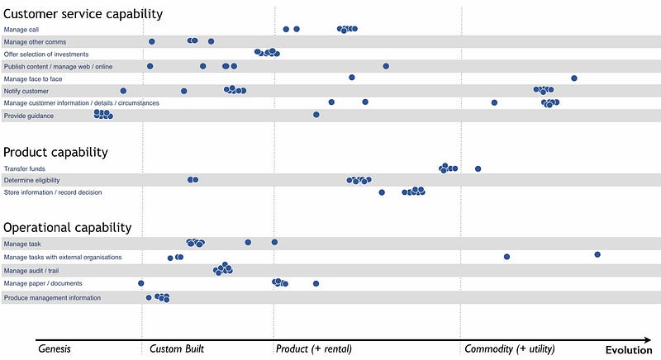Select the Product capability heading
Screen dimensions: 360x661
click(x=56, y=152)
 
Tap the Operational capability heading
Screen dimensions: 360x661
click(x=68, y=227)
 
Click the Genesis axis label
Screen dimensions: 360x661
click(x=55, y=349)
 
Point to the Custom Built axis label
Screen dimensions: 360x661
click(x=177, y=349)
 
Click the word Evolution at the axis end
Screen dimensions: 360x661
click(x=629, y=349)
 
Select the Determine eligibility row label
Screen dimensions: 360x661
click(x=31, y=180)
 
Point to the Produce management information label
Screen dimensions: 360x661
click(x=52, y=297)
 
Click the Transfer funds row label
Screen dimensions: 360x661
click(x=24, y=168)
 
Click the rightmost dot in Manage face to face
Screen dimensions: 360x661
click(x=574, y=78)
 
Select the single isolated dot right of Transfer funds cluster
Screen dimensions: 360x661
click(x=478, y=168)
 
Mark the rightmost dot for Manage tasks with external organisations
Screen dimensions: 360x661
click(x=597, y=254)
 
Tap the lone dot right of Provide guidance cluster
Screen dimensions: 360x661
click(x=316, y=116)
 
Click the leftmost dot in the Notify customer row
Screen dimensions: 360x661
click(x=123, y=90)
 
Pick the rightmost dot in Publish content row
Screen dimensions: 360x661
click(x=386, y=65)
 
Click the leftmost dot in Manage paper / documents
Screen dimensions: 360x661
click(x=141, y=283)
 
